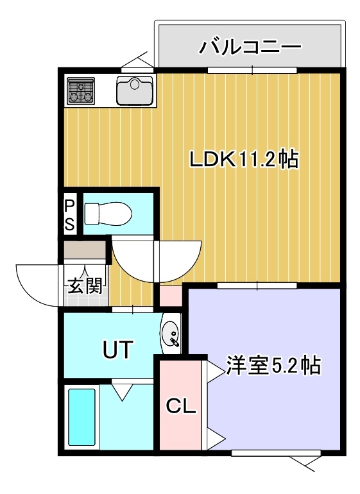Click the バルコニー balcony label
coord(250,47)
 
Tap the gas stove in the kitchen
coord(81,90)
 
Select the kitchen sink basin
coord(135,90)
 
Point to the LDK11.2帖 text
coord(243,159)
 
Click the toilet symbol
coord(108,214)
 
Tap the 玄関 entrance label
coord(85,286)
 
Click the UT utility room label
coord(117,350)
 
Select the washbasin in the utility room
coord(171,334)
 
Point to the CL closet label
coord(180,406)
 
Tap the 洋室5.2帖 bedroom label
coord(273,366)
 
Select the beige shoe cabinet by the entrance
coord(85,250)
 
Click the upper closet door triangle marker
coord(216,371)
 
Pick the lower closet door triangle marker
coord(216,439)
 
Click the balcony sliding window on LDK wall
coord(252,71)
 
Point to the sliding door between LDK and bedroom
coord(257,285)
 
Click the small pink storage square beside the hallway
coord(171,296)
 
